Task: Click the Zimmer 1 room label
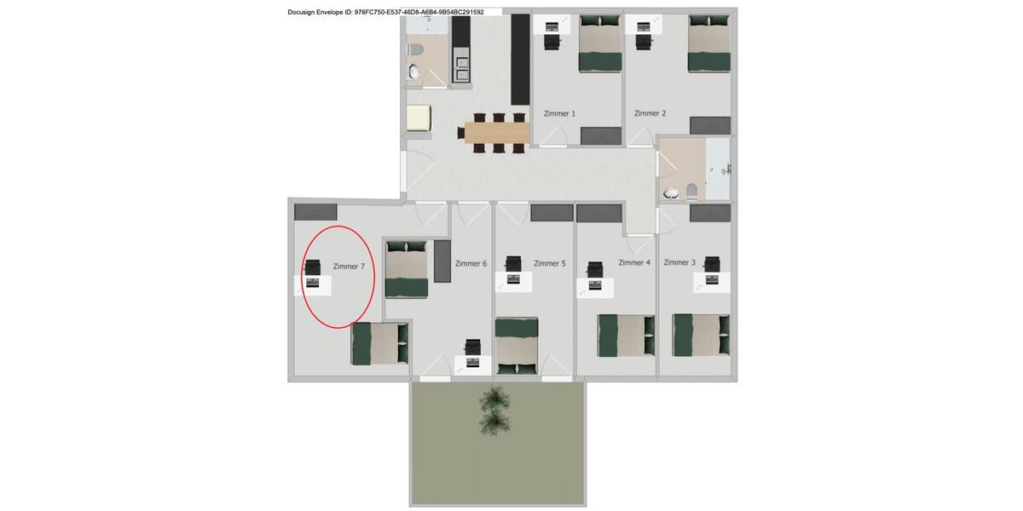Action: [x=559, y=113]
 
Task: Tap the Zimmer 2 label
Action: [x=650, y=113]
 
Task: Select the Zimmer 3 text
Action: [x=679, y=262]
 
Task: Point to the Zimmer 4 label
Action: [x=634, y=262]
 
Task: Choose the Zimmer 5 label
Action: [x=550, y=263]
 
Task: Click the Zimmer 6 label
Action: [x=471, y=263]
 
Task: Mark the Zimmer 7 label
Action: [x=349, y=267]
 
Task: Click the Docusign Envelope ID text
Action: [x=385, y=12]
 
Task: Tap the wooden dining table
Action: [x=497, y=132]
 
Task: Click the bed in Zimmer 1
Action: [x=600, y=43]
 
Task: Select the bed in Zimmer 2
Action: [x=709, y=43]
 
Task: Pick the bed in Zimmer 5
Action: [x=517, y=346]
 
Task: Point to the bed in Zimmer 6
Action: [x=406, y=269]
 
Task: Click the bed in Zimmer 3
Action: [x=701, y=335]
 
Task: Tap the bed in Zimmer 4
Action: [x=626, y=336]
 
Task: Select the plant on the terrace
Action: [x=494, y=410]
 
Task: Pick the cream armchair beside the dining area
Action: [x=419, y=118]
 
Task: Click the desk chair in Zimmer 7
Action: [x=313, y=267]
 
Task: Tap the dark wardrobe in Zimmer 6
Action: [x=442, y=261]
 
